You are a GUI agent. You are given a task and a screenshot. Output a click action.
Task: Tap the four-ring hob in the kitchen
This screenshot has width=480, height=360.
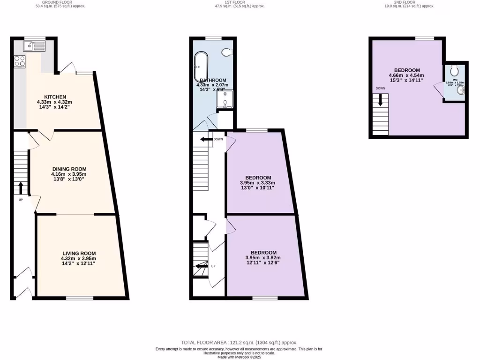pos(20,61)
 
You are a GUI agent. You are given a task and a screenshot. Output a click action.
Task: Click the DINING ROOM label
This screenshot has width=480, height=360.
pos(69,169)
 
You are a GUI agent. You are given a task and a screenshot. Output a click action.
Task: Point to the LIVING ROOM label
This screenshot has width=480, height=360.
pos(78,253)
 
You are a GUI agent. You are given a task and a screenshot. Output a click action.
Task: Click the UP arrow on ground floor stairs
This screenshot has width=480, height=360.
pos(21,187)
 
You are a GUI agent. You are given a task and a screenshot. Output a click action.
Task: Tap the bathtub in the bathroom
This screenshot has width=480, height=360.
pos(201,67)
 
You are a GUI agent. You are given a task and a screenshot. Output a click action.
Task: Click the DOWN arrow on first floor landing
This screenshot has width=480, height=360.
pos(206,139)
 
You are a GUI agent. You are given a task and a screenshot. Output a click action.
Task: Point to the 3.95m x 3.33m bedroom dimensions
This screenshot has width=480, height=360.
pos(257,183)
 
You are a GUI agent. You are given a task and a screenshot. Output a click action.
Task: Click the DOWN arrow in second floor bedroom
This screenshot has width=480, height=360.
pos(380,99)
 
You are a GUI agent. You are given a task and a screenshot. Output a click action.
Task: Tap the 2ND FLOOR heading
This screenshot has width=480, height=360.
pos(405,2)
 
